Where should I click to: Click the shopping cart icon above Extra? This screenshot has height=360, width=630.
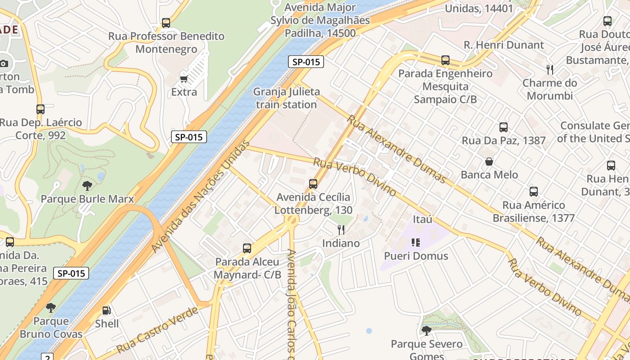click(x=184, y=79)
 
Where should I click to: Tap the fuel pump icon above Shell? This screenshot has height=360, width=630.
click(x=107, y=310)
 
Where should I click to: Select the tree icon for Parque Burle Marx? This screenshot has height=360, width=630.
click(x=87, y=185)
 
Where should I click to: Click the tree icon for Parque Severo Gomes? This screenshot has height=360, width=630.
click(x=426, y=331)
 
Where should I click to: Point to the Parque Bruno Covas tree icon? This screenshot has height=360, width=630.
click(x=51, y=308)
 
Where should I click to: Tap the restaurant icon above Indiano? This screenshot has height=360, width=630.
click(x=341, y=230)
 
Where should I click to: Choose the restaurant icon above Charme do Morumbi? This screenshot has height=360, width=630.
click(x=549, y=69)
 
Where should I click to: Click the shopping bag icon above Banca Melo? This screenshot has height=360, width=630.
click(x=489, y=162)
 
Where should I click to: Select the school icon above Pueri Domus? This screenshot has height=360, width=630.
click(x=416, y=243)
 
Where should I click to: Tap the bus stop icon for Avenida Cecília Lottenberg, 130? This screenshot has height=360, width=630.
click(x=313, y=184)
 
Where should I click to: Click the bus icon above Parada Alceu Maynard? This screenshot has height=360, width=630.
click(x=247, y=248)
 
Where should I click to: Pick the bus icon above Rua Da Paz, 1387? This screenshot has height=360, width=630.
click(x=504, y=127)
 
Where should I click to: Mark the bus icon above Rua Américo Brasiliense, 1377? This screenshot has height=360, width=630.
click(x=534, y=192)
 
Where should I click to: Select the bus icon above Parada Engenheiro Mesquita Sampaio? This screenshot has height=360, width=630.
click(x=445, y=60)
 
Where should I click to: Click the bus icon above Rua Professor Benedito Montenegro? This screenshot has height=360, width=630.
click(x=166, y=22)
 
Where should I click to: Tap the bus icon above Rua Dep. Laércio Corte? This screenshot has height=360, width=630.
click(x=40, y=109)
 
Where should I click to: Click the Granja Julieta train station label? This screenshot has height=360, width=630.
click(x=286, y=98)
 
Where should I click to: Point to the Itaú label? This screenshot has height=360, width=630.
click(x=423, y=219)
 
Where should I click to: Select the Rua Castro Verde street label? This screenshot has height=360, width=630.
click(x=157, y=330)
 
